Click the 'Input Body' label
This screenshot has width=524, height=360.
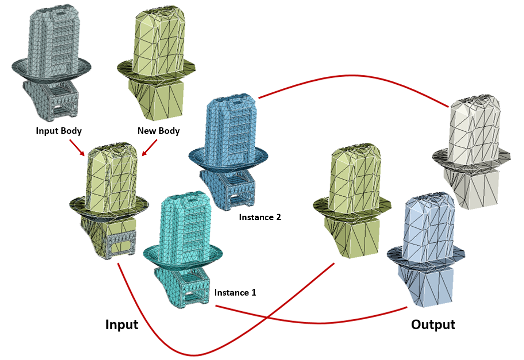59,131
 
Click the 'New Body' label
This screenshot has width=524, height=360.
158,131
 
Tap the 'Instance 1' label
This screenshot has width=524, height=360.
235,293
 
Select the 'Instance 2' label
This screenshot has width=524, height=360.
260,217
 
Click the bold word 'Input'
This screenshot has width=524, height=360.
121,325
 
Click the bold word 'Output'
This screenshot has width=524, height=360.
433,325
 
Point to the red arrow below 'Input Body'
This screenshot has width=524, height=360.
76,147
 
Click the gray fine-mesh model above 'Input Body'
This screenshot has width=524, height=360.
49,55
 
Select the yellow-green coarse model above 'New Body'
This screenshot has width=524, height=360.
157,55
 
